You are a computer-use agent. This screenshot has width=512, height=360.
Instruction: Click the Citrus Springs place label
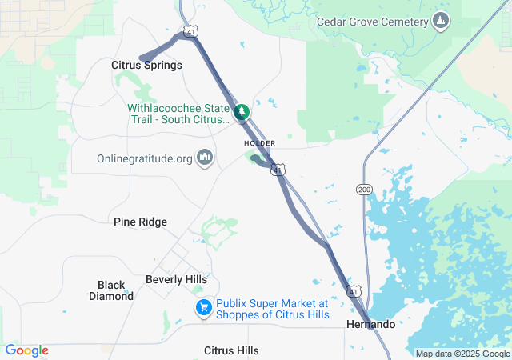146,65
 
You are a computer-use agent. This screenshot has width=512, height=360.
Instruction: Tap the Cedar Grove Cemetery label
374,22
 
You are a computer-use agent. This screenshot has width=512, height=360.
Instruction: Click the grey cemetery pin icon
440,20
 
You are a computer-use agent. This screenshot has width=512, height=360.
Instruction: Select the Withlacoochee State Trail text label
178,114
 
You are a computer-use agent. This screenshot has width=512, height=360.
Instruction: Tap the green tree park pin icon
242,112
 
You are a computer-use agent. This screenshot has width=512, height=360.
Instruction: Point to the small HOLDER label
259,143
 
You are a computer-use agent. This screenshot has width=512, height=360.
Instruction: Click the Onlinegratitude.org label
145,158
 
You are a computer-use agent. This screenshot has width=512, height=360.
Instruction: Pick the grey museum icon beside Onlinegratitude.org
205,158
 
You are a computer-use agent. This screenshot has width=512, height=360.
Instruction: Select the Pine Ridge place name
141,222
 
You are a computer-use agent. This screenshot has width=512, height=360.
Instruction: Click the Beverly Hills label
176,279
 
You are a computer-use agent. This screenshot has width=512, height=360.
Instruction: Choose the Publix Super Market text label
272,309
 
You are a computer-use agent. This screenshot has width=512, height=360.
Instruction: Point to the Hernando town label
370,324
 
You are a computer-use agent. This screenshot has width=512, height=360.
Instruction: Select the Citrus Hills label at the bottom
231,350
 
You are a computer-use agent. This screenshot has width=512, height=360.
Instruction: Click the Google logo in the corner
26,350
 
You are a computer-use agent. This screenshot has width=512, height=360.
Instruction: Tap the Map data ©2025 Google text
462,354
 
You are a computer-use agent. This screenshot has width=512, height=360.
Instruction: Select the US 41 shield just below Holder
277,170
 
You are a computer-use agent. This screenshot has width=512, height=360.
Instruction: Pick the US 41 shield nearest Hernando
353,289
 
